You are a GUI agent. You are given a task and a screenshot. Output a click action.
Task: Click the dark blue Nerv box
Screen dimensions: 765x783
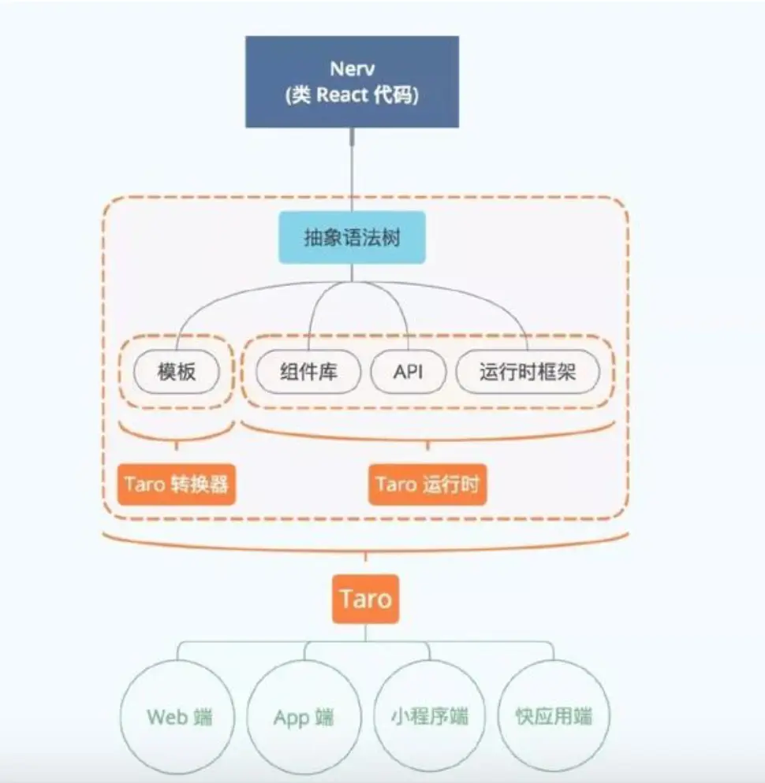pyautogui.click(x=352, y=82)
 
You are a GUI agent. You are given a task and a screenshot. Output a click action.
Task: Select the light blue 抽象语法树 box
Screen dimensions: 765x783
pyautogui.click(x=352, y=238)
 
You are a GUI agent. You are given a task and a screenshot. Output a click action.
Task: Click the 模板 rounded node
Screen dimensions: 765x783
pyautogui.click(x=177, y=372)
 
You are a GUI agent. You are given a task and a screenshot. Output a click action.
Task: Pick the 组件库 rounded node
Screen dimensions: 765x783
pyautogui.click(x=308, y=372)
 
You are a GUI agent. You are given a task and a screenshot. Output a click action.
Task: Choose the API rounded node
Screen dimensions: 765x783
pyautogui.click(x=408, y=372)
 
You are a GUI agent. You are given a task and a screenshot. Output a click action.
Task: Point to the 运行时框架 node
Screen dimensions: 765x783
pyautogui.click(x=528, y=372)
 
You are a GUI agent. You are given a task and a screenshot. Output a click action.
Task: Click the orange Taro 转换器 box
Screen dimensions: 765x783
pyautogui.click(x=177, y=484)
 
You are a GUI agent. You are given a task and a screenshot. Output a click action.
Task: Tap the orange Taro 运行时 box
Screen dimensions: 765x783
pyautogui.click(x=427, y=484)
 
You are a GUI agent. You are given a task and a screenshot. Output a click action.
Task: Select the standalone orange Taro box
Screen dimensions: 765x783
pyautogui.click(x=365, y=599)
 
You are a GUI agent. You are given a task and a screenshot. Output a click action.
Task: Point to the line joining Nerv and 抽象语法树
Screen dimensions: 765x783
pyautogui.click(x=352, y=170)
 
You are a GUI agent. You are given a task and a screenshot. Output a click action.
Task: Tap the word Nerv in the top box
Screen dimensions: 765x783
pyautogui.click(x=352, y=69)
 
